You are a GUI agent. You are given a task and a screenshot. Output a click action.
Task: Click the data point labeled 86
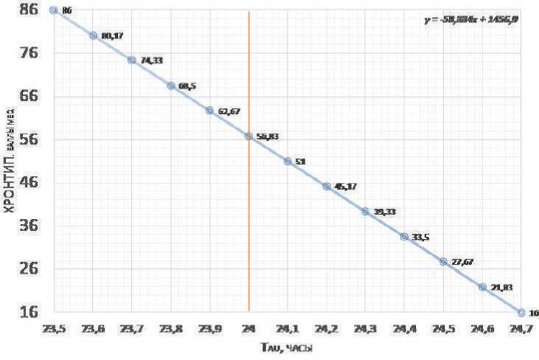[54, 10]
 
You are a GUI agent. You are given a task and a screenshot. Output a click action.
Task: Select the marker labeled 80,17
[93, 35]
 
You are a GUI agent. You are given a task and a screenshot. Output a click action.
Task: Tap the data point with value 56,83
[248, 136]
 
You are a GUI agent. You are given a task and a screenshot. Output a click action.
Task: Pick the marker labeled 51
[288, 161]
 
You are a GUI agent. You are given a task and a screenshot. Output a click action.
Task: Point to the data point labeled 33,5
[404, 237]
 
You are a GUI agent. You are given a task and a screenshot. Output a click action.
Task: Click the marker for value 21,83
[482, 287]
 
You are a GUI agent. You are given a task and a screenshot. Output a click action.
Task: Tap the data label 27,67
[462, 262]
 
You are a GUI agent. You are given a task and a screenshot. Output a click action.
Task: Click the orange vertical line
[248, 221]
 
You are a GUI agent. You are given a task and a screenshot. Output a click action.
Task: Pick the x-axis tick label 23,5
[54, 328]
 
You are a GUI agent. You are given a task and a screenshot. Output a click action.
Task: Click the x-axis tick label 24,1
[288, 328]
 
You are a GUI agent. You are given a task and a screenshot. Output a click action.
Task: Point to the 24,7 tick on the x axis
[521, 328]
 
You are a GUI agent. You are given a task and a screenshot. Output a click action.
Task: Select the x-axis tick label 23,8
[170, 328]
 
